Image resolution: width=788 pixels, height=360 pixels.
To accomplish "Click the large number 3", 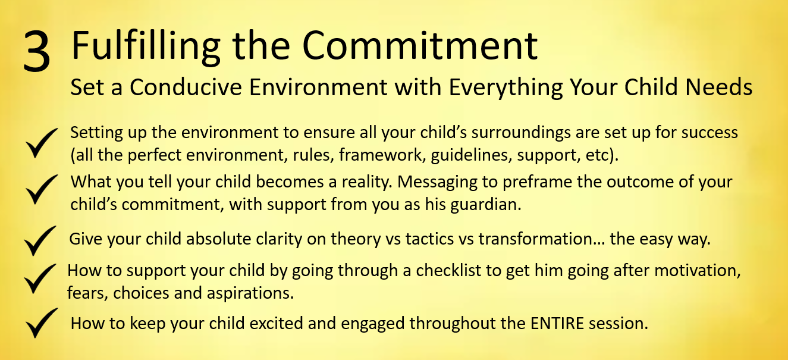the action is coord(37,51).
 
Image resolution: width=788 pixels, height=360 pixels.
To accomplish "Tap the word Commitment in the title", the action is coord(420,45).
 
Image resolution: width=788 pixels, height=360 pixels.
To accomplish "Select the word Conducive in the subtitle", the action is coord(186,87).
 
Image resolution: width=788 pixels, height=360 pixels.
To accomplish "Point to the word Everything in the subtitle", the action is coord(506,88).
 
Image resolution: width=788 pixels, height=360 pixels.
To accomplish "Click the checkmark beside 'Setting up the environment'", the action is coord(42,143).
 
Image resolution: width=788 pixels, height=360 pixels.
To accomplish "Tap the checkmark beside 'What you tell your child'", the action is coord(42,189).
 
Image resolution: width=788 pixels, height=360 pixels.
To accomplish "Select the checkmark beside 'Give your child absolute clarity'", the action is coord(40,241).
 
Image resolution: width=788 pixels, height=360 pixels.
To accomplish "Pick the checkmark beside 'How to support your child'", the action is coord(40,278).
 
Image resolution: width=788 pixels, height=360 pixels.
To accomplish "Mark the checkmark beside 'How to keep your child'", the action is coord(42,323).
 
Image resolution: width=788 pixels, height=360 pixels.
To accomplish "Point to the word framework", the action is coord(380,155).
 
